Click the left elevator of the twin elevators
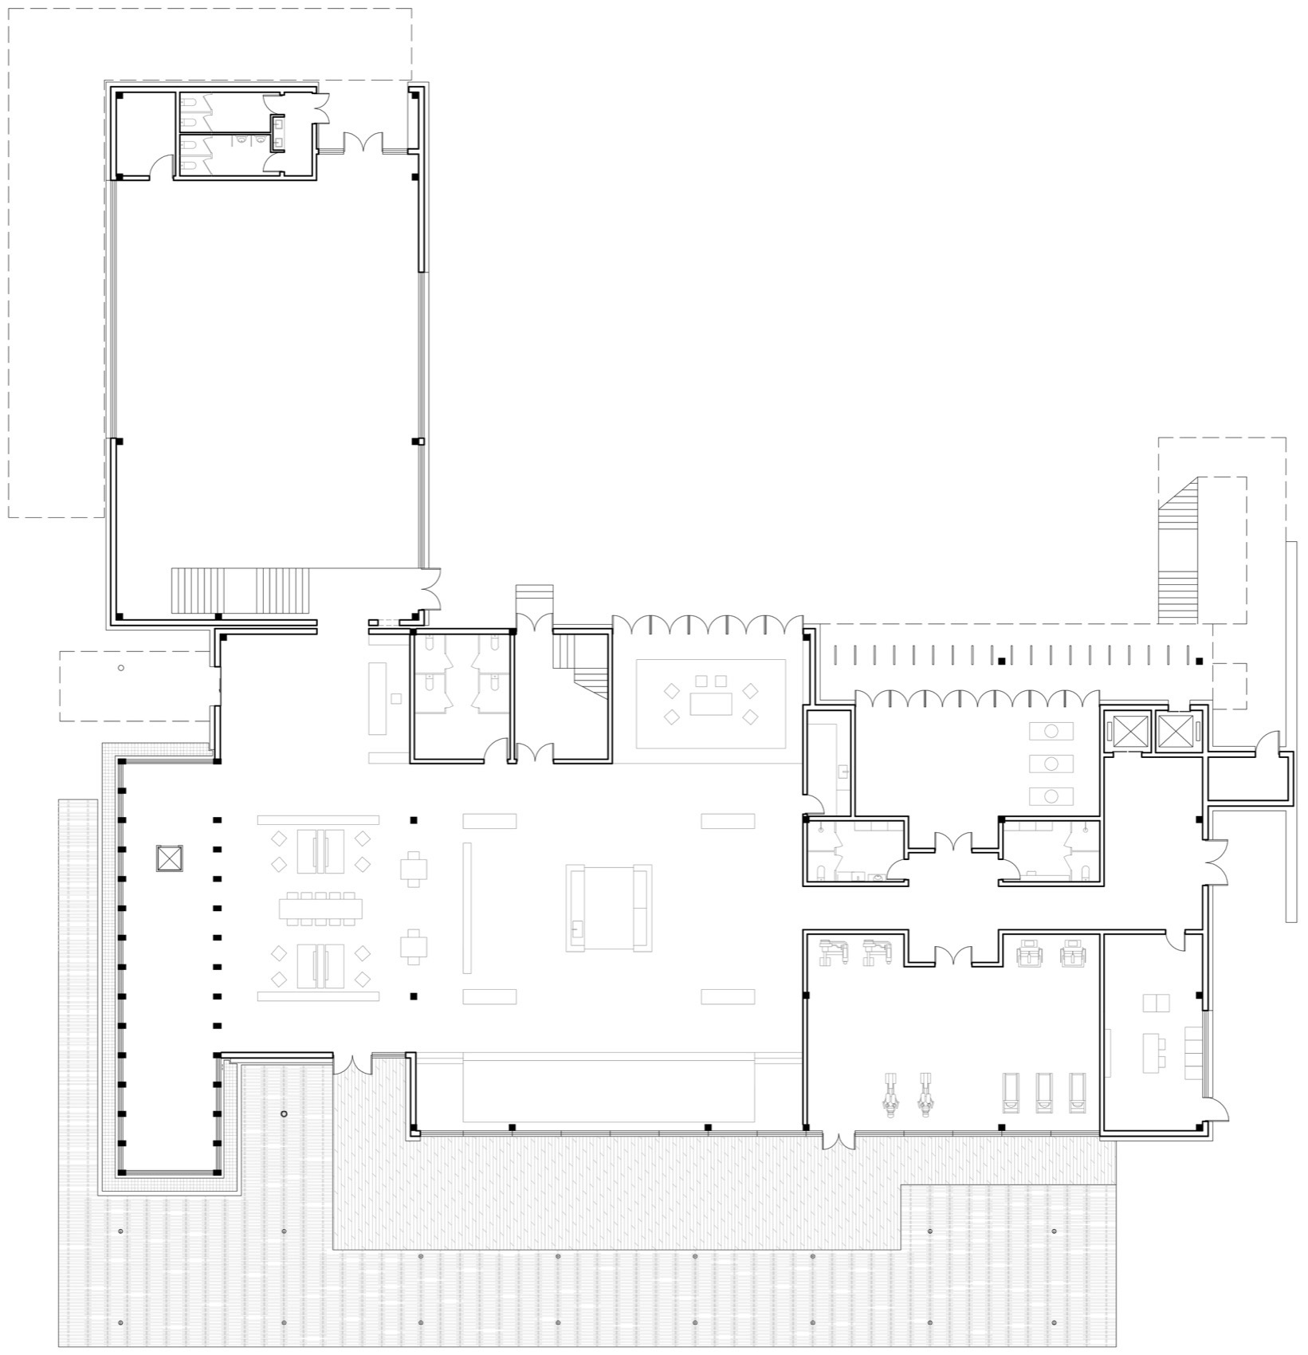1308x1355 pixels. [x=1126, y=731]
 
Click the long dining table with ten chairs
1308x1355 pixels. [x=321, y=908]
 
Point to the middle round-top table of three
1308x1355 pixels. [x=1051, y=764]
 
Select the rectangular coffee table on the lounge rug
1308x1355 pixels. [x=711, y=704]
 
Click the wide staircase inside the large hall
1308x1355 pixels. [x=239, y=591]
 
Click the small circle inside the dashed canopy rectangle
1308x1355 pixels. [x=121, y=668]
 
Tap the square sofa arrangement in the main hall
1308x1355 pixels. [x=609, y=908]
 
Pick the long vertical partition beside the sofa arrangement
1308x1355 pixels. [x=468, y=907]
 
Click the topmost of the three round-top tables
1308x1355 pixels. [x=1051, y=731]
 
